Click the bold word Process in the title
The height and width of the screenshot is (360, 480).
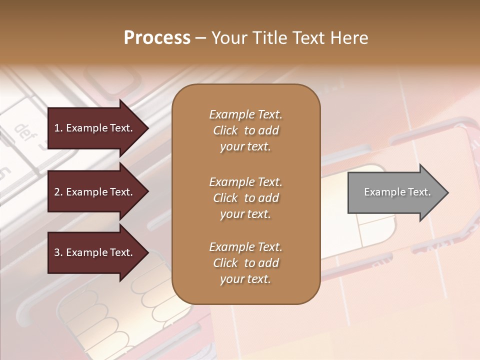[157, 38]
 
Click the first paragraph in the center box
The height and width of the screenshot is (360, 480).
[245, 130]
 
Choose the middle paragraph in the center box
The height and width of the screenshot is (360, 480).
[245, 197]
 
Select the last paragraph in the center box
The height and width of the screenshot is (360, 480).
[245, 263]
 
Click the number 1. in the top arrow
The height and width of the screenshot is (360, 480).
[58, 128]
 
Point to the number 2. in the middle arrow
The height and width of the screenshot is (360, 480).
[58, 192]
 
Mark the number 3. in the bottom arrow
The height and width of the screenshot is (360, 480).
[58, 252]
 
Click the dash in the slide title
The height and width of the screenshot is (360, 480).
[200, 38]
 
